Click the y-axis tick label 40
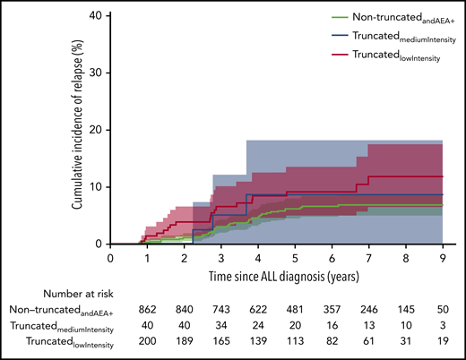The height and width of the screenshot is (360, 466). pyautogui.click(x=93, y=15)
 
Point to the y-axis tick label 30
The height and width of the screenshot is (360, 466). pyautogui.click(x=93, y=73)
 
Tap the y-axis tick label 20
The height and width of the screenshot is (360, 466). pyautogui.click(x=93, y=130)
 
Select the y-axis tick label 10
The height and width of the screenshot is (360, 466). pyautogui.click(x=93, y=187)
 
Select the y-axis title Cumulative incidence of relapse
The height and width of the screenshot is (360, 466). pyautogui.click(x=79, y=129)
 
